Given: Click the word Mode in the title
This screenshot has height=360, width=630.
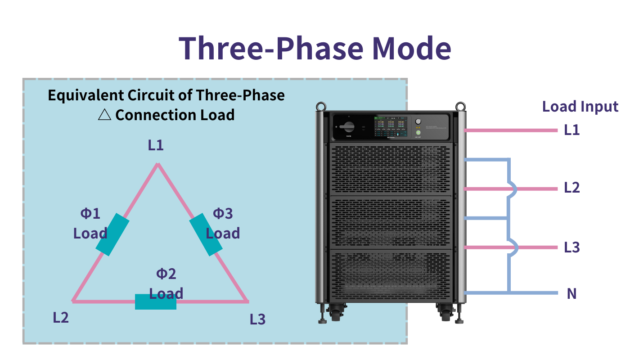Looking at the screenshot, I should pyautogui.click(x=412, y=48).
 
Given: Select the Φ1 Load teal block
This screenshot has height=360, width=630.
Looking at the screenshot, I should pyautogui.click(x=112, y=234).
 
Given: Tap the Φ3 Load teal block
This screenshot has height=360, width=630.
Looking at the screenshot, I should pyautogui.click(x=206, y=235).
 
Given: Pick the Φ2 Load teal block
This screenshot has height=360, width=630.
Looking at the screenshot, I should pyautogui.click(x=155, y=301).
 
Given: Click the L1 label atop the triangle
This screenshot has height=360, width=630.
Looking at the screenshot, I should pyautogui.click(x=156, y=145).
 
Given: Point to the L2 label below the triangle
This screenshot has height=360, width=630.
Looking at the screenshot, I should pyautogui.click(x=61, y=317).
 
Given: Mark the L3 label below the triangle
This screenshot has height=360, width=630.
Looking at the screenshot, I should pyautogui.click(x=257, y=319).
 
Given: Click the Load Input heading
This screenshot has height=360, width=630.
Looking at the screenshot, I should pyautogui.click(x=580, y=107).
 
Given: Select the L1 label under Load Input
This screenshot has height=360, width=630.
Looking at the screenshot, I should pyautogui.click(x=572, y=130).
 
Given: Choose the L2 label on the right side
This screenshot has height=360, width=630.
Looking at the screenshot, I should pyautogui.click(x=572, y=188).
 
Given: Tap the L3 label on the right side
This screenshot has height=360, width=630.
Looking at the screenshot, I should pyautogui.click(x=572, y=247).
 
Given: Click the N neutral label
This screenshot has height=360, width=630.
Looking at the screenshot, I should pyautogui.click(x=571, y=294).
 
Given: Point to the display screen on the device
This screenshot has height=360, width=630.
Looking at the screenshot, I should pyautogui.click(x=389, y=126).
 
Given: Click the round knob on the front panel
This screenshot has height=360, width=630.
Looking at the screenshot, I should pyautogui.click(x=418, y=121).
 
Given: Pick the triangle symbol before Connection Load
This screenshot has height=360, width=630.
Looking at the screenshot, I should pyautogui.click(x=104, y=115).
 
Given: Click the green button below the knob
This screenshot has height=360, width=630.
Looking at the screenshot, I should pyautogui.click(x=418, y=133).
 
